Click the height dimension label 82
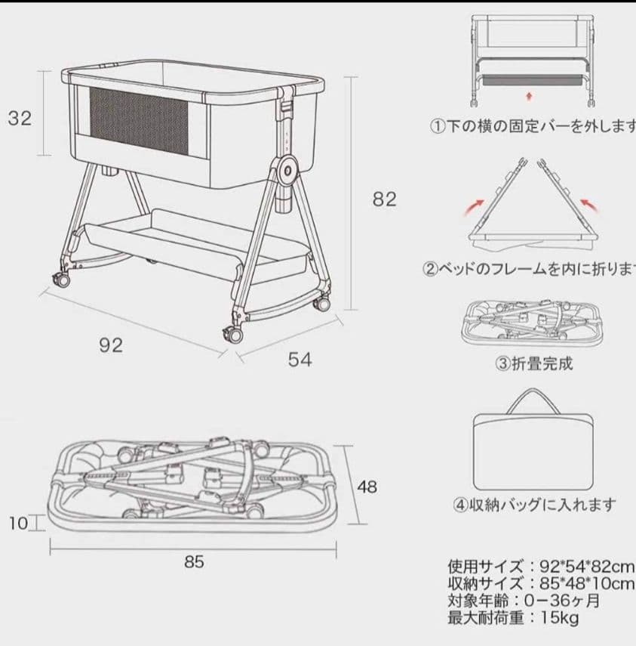(384, 199)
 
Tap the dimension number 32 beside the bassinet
(20, 119)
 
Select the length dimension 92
(111, 345)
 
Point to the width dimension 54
(300, 360)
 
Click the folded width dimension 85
(194, 562)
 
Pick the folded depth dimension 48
(367, 487)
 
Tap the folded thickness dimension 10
(18, 523)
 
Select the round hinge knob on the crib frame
(287, 172)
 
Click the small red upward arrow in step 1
(529, 96)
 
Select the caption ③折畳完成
(533, 363)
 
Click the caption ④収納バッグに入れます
(534, 505)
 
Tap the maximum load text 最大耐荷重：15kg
(513, 618)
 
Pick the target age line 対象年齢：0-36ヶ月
(524, 601)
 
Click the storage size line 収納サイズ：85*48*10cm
(540, 583)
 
